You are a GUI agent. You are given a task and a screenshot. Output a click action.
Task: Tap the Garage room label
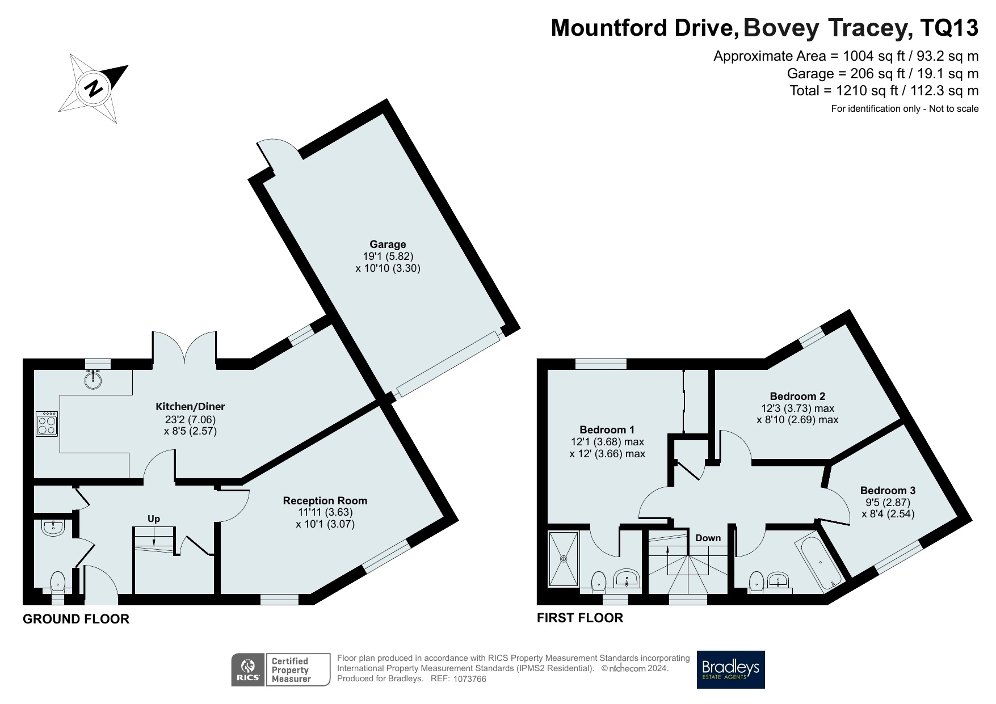(x=388, y=244)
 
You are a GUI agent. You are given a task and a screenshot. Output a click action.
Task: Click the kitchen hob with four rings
(x=47, y=423)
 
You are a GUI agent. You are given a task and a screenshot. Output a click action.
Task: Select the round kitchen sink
(x=93, y=379)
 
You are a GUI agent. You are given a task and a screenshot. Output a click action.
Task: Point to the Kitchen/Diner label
(x=190, y=407)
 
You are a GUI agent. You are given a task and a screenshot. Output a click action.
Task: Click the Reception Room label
(x=325, y=501)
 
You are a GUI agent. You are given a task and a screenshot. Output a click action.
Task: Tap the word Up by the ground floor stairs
(x=154, y=519)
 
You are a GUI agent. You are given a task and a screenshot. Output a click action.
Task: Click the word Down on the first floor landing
(x=708, y=538)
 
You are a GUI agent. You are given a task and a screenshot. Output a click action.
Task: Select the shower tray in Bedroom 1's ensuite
(x=564, y=559)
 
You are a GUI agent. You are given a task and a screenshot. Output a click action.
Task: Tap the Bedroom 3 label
(x=888, y=491)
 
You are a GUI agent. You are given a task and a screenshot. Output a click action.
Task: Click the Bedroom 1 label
(x=607, y=429)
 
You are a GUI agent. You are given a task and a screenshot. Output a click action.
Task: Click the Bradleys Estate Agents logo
(x=730, y=669)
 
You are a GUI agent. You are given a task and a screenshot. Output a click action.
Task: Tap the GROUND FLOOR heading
(x=76, y=619)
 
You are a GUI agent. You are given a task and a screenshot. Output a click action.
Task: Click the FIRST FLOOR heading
(x=580, y=618)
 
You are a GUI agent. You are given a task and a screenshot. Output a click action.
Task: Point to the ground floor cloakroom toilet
(x=58, y=583)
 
